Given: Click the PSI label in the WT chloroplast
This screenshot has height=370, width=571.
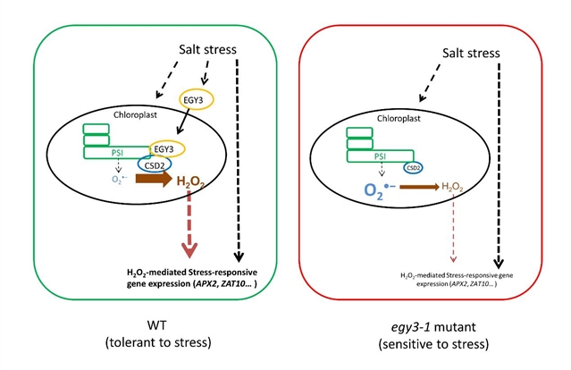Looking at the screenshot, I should (118, 152).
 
